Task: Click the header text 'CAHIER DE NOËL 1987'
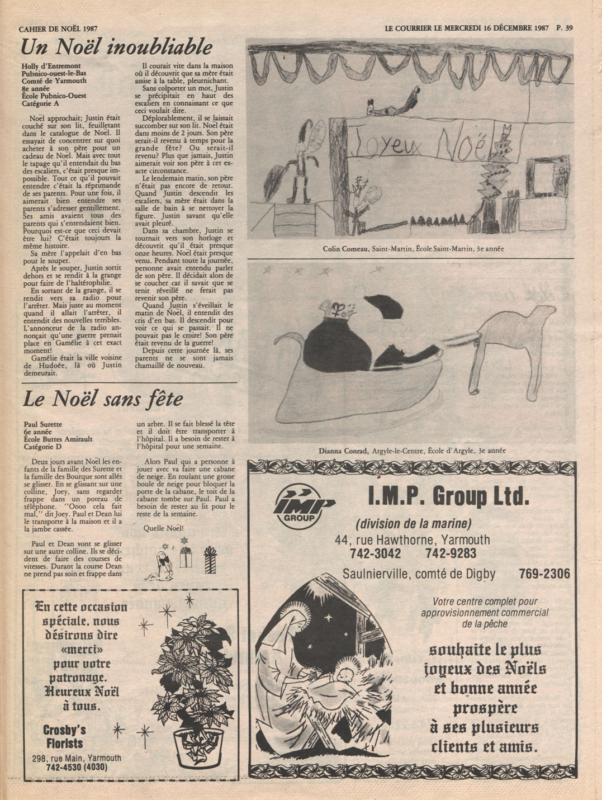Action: pyautogui.click(x=58, y=28)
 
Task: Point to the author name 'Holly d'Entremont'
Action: pyautogui.click(x=51, y=66)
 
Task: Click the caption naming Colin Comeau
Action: pyautogui.click(x=413, y=249)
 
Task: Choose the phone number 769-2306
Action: pyautogui.click(x=544, y=574)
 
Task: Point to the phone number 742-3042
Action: pyautogui.click(x=375, y=553)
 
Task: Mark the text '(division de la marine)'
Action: pyautogui.click(x=414, y=524)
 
